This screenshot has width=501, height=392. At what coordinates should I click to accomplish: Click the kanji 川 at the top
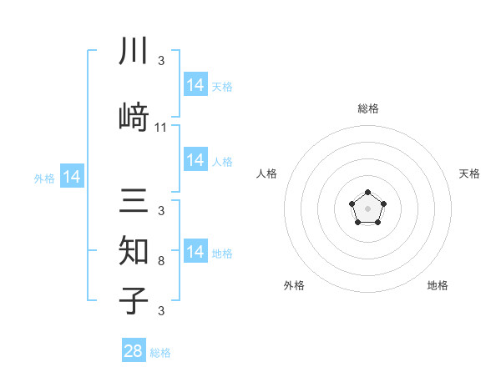click(134, 52)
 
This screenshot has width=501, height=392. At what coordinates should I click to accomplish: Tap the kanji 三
click(134, 203)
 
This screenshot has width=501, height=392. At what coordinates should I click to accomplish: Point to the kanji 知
click(134, 249)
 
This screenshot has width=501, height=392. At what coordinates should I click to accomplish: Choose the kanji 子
click(134, 299)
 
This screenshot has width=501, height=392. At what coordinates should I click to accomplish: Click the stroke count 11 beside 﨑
click(161, 128)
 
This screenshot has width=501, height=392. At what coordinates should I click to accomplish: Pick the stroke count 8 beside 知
click(161, 261)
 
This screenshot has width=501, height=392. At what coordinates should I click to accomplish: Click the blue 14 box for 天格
click(195, 85)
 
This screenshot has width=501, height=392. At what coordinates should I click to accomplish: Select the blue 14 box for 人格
click(195, 160)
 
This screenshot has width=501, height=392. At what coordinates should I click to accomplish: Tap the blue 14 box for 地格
click(195, 252)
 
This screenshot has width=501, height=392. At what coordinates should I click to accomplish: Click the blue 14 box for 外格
click(72, 177)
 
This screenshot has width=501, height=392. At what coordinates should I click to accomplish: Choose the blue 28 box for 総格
click(134, 351)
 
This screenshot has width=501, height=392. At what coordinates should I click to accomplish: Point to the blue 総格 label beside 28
click(160, 353)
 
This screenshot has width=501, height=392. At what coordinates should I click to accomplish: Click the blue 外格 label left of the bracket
click(44, 178)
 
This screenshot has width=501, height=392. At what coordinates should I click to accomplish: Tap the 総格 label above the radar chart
click(367, 108)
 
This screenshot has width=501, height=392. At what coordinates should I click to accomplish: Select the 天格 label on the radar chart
click(469, 173)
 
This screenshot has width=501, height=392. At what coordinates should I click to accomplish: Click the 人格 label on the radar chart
click(266, 173)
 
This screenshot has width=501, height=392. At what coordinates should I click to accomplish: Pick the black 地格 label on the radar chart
click(438, 286)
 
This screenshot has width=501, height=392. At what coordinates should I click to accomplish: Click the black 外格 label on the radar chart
click(294, 286)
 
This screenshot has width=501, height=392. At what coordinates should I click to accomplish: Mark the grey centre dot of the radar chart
click(367, 207)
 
